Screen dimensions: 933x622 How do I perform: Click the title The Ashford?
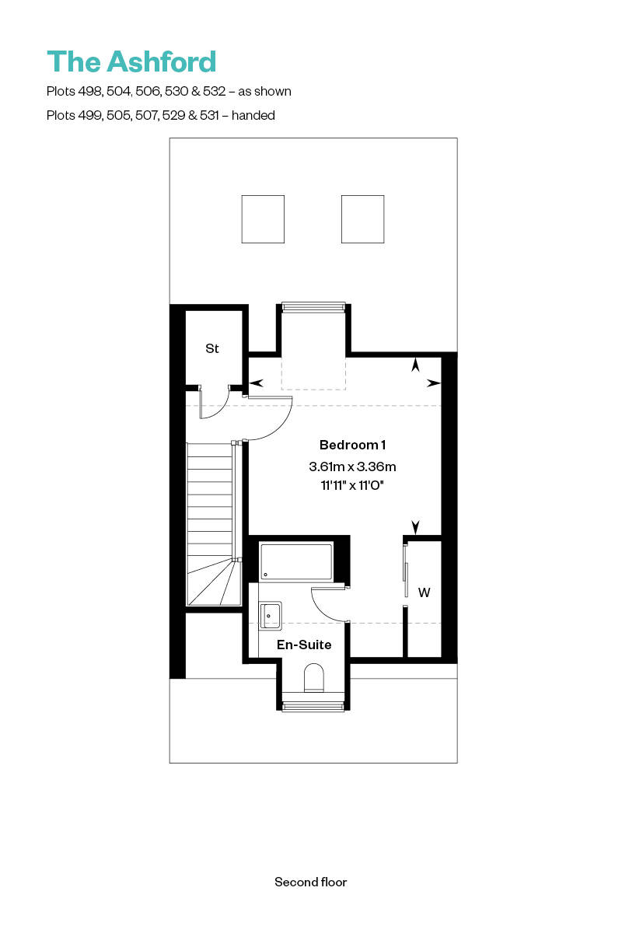pos(131,62)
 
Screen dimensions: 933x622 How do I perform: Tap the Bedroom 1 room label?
pos(352,445)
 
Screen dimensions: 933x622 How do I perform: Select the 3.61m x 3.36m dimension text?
pos(352,467)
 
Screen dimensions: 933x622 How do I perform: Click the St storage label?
pos(211,349)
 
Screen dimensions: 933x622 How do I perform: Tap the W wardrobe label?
pos(424,593)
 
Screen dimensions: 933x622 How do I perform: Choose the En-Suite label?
pos(305,645)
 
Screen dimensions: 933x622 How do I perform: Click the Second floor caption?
pos(310,882)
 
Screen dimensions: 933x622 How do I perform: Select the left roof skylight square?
pos(263,219)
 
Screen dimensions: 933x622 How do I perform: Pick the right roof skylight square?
pos(362,219)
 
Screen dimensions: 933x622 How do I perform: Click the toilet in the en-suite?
pos(313,676)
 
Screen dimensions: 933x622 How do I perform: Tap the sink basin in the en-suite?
pos(271,615)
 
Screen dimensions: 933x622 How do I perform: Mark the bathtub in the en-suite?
pos(296,561)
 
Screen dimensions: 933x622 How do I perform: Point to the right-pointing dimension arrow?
pos(434,383)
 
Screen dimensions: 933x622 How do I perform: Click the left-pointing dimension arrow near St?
pos(255,383)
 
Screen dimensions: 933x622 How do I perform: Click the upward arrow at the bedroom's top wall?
pos(416,363)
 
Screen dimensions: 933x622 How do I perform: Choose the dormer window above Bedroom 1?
pos(313,307)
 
